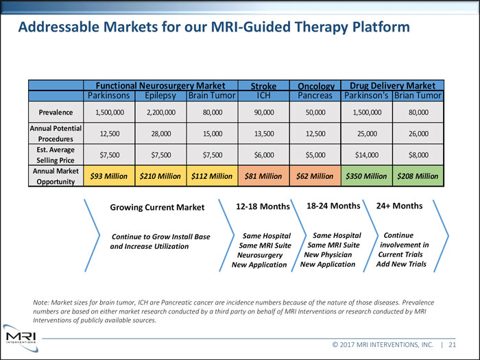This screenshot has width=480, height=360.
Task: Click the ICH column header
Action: [264, 95]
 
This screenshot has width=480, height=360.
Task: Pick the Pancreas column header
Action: [315, 95]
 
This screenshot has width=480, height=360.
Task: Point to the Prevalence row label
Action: [56, 111]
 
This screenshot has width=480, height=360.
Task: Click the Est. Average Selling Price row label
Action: [56, 154]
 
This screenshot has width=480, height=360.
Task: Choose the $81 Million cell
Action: [264, 176]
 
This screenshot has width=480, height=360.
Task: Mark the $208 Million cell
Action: [418, 176]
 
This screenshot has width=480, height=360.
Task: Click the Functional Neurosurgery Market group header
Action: [160, 86]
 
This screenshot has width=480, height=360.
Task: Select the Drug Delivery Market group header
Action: [392, 86]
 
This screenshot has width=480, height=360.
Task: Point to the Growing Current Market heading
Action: [157, 207]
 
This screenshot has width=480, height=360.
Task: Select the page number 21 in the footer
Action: [453, 345]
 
